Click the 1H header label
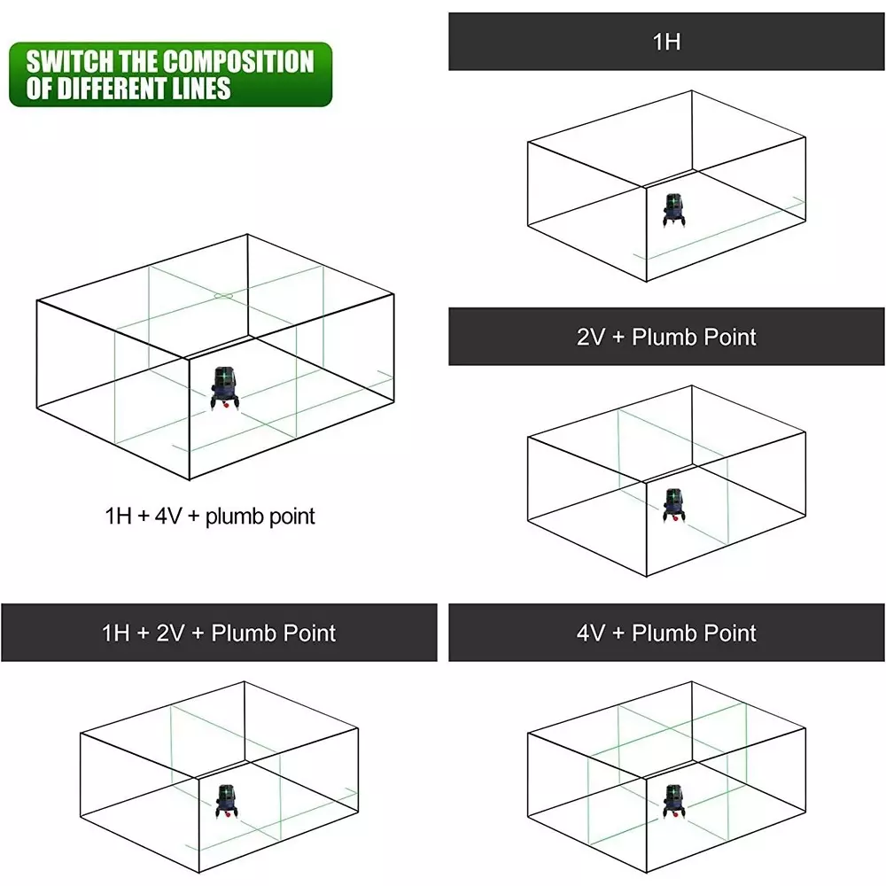coord(666,42)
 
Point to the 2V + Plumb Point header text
coord(666,337)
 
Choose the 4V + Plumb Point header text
coord(666,633)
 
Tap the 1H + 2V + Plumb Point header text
coord(219,633)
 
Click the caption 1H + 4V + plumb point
coord(210,516)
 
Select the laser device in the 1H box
coord(674,210)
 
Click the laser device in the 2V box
coord(674,506)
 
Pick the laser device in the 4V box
coord(674,802)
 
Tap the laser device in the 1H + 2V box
coord(227,802)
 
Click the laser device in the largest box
coord(225,389)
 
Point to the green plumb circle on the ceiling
coord(224,296)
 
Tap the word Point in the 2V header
coord(730,337)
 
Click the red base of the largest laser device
coord(225,405)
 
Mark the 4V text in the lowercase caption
coord(167,516)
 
